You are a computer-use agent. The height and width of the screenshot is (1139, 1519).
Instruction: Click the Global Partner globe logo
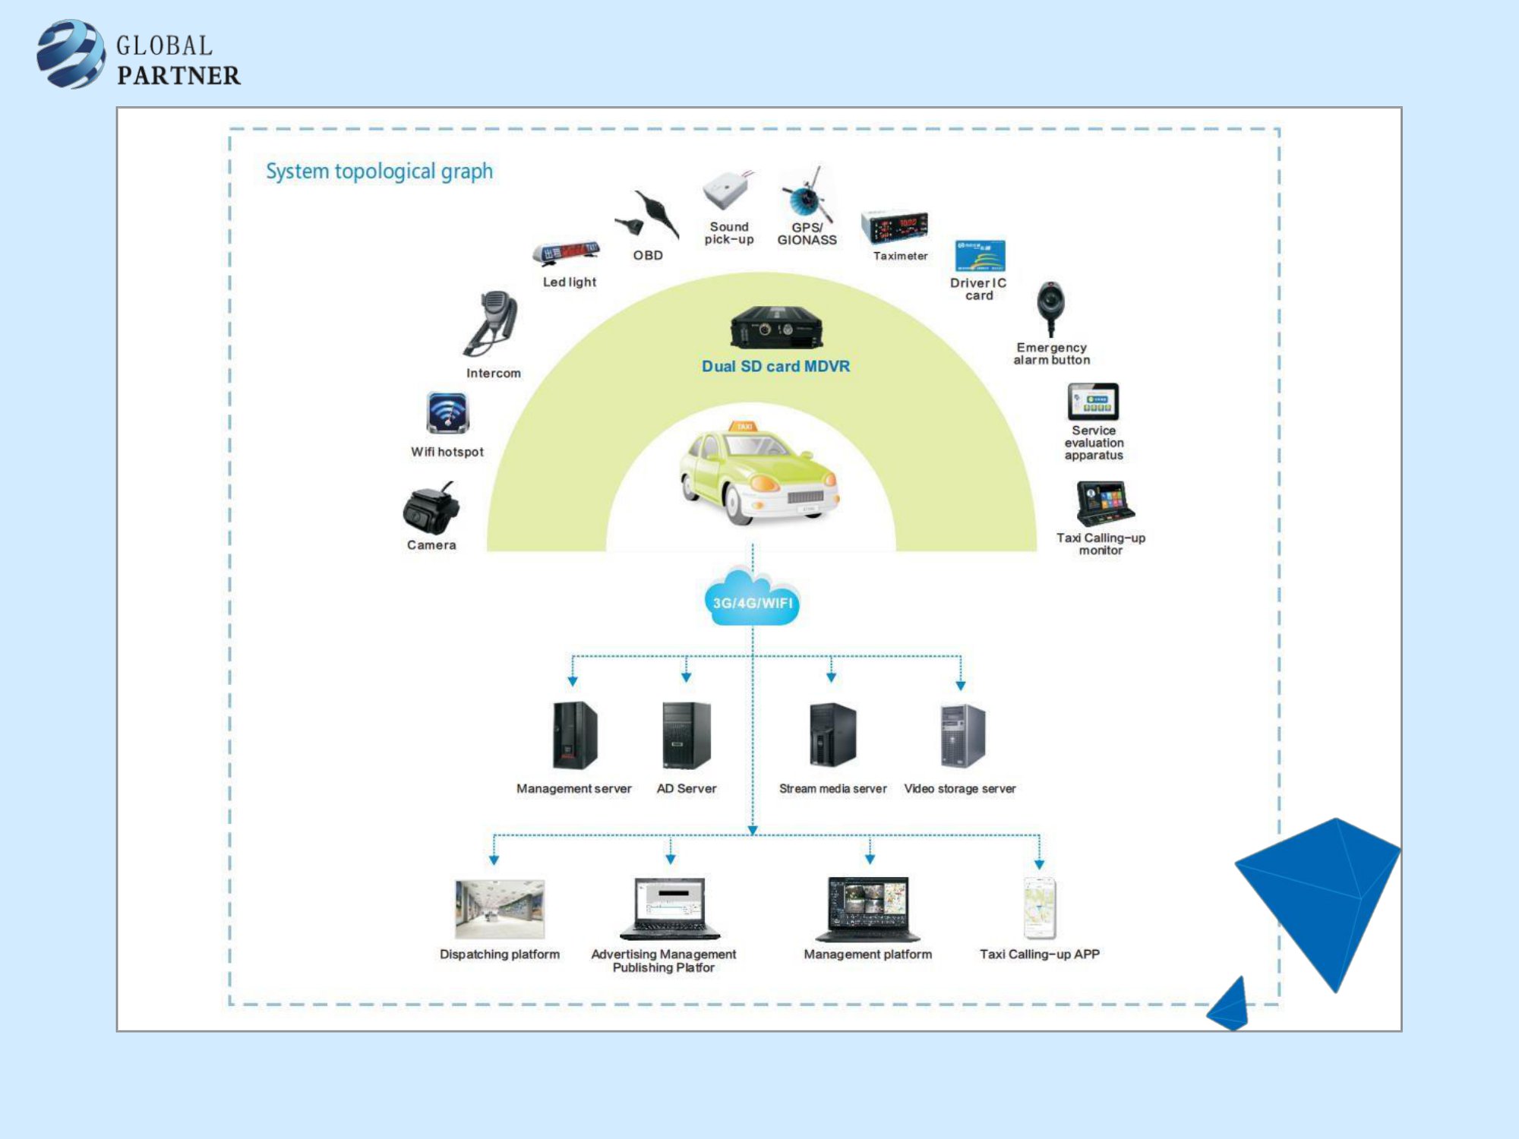point(71,54)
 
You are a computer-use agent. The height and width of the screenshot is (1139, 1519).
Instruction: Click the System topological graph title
point(379,172)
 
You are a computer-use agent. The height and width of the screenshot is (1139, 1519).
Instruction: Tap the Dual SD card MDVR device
point(775,327)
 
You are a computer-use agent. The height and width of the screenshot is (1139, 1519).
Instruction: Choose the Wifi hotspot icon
point(447,412)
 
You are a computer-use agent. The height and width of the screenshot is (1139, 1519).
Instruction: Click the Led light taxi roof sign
point(567,253)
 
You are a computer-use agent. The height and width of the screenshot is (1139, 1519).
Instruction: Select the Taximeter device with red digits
point(895,226)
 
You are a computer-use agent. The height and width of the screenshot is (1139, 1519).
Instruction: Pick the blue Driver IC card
point(980,256)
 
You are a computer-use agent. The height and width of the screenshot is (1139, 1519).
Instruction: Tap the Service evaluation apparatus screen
point(1093,402)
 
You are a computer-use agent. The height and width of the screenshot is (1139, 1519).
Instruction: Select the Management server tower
point(574,735)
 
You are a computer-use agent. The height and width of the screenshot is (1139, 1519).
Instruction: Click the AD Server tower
point(686,735)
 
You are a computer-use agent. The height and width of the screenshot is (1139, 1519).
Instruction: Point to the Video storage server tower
point(962,735)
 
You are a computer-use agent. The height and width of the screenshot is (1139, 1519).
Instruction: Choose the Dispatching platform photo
point(500,909)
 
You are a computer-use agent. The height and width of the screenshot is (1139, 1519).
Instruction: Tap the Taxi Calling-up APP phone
point(1040,908)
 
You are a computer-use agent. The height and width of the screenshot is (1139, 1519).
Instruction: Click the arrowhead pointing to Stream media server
point(832,676)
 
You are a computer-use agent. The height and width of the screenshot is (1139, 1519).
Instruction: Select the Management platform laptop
point(868,909)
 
